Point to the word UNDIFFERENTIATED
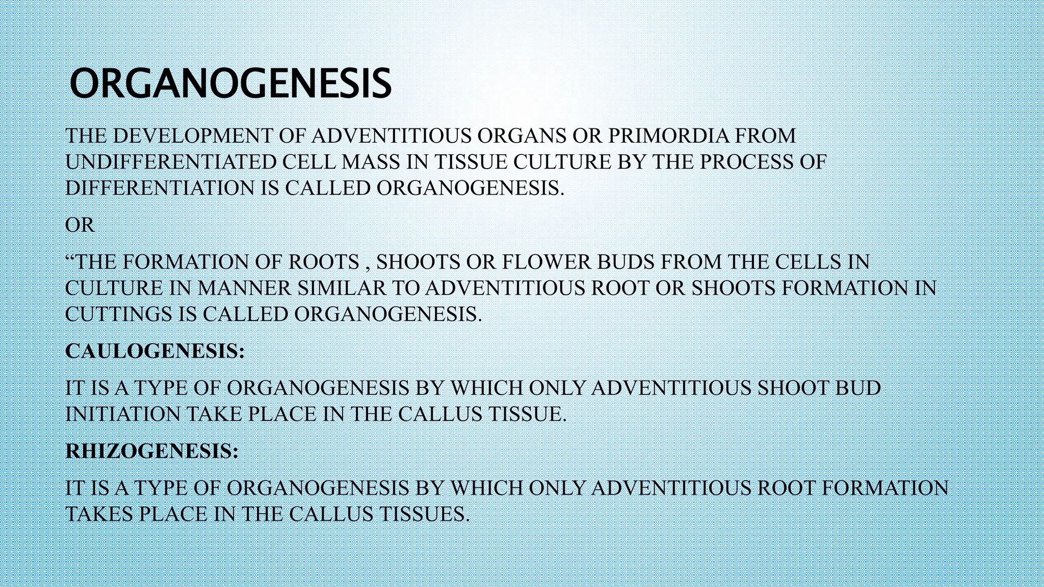(x=170, y=162)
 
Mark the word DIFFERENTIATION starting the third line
(x=160, y=188)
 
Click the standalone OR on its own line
(x=80, y=225)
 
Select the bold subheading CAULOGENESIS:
(x=155, y=351)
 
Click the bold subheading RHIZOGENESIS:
(x=152, y=451)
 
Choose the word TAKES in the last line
(x=99, y=514)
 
